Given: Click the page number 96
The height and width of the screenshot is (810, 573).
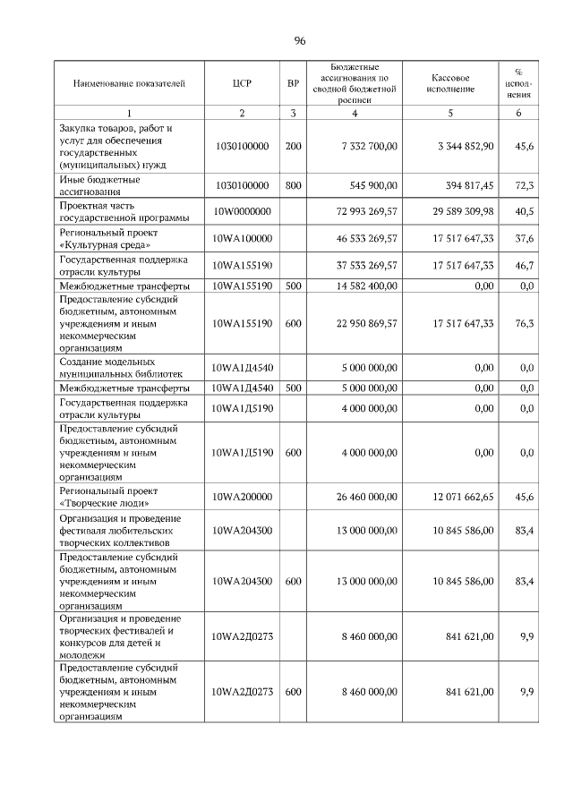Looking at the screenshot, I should tap(300, 41).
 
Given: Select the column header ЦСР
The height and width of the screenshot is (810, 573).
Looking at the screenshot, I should tap(241, 84).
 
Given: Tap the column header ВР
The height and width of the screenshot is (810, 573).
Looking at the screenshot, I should tap(293, 84).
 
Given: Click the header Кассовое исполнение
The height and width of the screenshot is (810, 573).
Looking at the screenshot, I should tap(450, 84).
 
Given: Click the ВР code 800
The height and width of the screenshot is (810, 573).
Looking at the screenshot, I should tap(293, 185).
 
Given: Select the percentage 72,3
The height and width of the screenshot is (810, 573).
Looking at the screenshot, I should tap(526, 185).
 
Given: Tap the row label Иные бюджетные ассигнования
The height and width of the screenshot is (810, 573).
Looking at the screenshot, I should tap(98, 185).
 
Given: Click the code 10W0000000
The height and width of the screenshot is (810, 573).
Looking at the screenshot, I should tap(241, 211).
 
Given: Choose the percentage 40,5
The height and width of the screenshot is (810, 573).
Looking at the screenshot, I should tap(526, 211).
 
